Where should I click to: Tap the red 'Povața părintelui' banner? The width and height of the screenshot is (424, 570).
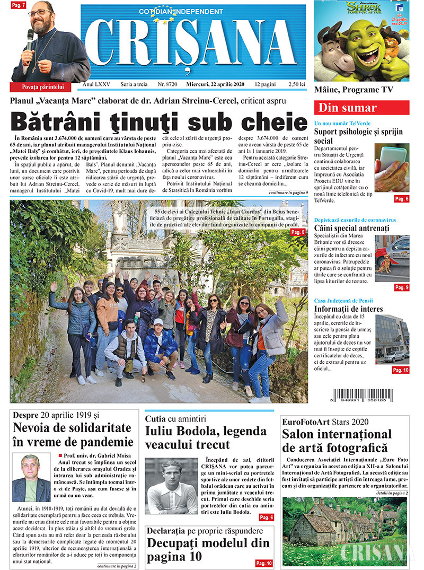43,86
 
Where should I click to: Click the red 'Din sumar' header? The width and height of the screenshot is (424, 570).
361,108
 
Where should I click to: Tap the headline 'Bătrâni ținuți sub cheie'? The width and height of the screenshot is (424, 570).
158,121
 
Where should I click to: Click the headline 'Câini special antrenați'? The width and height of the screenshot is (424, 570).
351,228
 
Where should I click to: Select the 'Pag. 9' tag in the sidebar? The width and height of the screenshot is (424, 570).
401,287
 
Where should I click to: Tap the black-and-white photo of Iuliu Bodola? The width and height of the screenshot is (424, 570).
171,487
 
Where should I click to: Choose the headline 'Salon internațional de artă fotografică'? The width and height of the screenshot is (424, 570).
337,441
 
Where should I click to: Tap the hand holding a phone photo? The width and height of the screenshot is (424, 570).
391,167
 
